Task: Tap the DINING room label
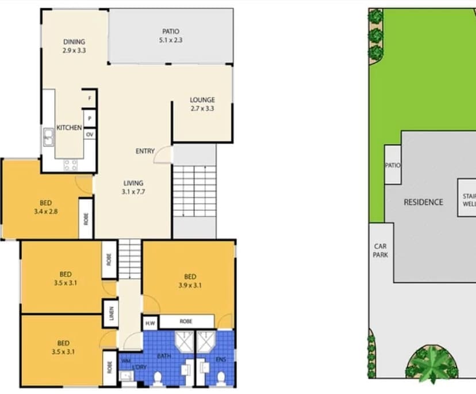tap(74, 46)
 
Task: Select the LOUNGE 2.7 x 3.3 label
tap(202, 104)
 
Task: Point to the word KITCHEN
tap(69, 127)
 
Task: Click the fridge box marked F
tap(89, 98)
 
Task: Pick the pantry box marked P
tap(89, 119)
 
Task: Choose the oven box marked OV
tap(89, 134)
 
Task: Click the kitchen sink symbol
tap(48, 137)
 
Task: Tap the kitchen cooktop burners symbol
tap(70, 165)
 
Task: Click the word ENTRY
tap(145, 151)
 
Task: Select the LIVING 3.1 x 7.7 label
tap(133, 187)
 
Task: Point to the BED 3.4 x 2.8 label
tap(45, 207)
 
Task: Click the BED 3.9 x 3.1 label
tap(190, 280)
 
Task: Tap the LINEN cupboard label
tap(112, 314)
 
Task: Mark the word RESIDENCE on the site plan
tap(423, 202)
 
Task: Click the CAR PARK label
tap(380, 251)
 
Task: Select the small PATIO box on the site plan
tap(393, 165)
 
